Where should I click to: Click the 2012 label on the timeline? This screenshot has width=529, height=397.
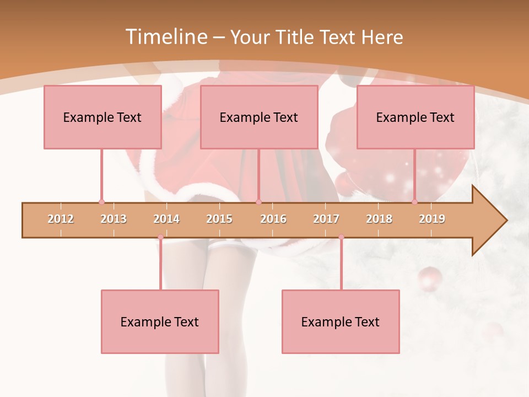61,219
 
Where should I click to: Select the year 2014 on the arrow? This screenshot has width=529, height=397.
166,219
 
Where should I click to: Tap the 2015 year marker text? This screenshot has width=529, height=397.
219,219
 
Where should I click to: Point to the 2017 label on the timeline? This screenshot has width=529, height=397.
326,219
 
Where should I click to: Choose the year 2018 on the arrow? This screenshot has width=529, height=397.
379,219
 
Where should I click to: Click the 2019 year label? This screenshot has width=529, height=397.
432,219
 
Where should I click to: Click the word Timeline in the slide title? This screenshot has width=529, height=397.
165,37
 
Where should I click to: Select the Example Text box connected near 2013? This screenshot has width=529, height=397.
102,117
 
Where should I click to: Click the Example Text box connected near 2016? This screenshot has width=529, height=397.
259,117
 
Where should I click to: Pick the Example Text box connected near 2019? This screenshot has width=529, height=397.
415,117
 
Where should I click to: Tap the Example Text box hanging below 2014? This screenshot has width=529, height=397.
160,321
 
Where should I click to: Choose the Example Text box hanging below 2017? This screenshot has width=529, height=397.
341,321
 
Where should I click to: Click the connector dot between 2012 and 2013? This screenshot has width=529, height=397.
101,202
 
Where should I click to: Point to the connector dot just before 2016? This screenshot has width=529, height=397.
258,202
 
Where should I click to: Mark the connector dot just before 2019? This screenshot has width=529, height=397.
414,202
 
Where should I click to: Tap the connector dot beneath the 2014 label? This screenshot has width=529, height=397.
160,237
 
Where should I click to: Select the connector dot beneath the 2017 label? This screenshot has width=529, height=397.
341,237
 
